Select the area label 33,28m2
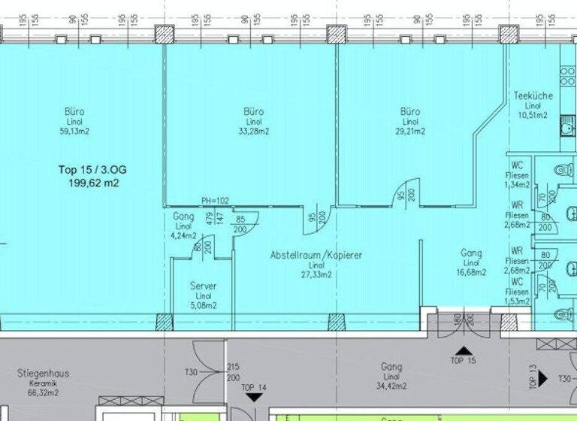[253, 131]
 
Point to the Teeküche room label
[533, 95]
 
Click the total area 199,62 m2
[94, 183]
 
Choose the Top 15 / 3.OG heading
[93, 170]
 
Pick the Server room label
[203, 286]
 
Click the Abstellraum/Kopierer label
[316, 256]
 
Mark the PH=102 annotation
[215, 201]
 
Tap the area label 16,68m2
[471, 273]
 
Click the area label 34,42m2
[391, 386]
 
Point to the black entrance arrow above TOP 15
[463, 350]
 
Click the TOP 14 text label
[255, 388]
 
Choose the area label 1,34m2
[517, 184]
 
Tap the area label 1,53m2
[517, 301]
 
